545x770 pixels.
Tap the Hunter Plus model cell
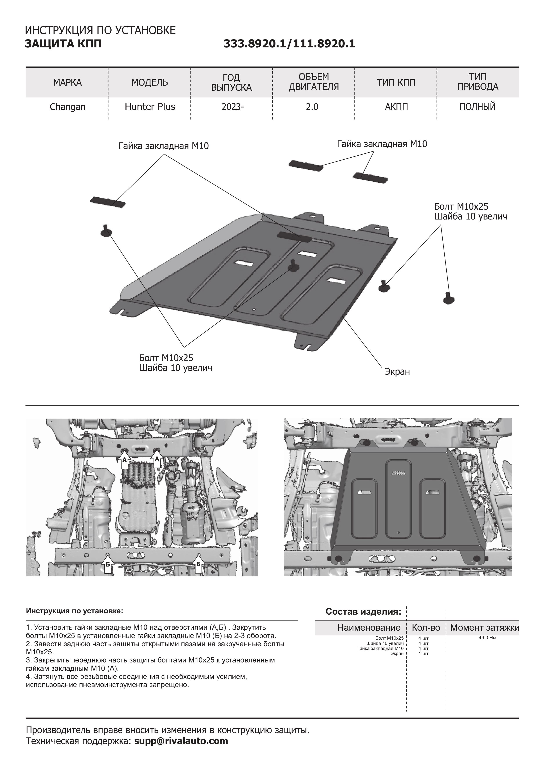click(x=150, y=107)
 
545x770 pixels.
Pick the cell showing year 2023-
click(x=232, y=107)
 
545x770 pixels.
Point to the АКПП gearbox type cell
click(x=396, y=107)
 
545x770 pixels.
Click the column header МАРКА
click(x=67, y=83)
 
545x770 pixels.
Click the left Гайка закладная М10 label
click(x=163, y=146)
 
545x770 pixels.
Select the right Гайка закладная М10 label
click(x=382, y=144)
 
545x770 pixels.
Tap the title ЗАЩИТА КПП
click(x=63, y=44)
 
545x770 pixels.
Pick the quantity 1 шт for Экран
click(x=424, y=653)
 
